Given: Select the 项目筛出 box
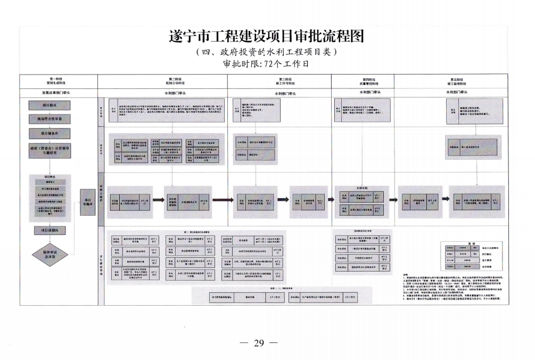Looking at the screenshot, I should pyautogui.click(x=50, y=105).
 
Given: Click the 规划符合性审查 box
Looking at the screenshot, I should pyautogui.click(x=50, y=119).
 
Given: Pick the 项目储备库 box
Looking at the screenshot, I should pyautogui.click(x=50, y=133).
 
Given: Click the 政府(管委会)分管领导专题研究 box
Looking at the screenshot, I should pyautogui.click(x=50, y=151).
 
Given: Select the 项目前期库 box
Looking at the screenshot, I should pyautogui.click(x=50, y=230).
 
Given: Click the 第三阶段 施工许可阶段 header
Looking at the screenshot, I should pyautogui.click(x=279, y=81).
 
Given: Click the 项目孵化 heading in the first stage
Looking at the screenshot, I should pyautogui.click(x=50, y=176).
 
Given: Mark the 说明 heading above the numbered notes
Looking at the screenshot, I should pyautogui.click(x=406, y=274).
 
